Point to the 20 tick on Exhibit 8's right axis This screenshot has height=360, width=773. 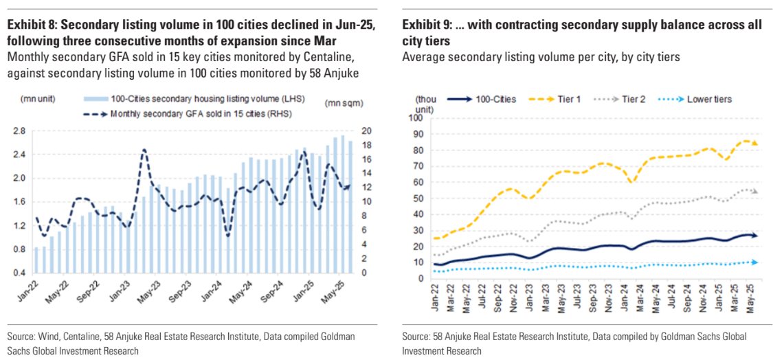point(367,131)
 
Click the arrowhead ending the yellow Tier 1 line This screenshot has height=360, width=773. point(755,143)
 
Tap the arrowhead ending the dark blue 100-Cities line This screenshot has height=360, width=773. point(755,236)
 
